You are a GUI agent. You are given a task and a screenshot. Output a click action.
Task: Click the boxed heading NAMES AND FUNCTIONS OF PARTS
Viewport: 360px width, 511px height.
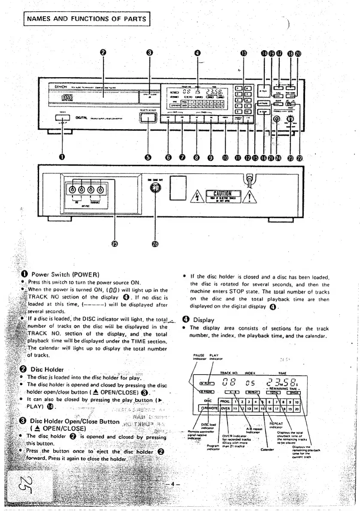(86, 18)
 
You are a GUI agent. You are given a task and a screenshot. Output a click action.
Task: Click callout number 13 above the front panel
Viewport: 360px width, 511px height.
(243, 53)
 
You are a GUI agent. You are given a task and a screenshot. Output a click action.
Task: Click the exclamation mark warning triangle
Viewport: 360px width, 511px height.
(250, 198)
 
